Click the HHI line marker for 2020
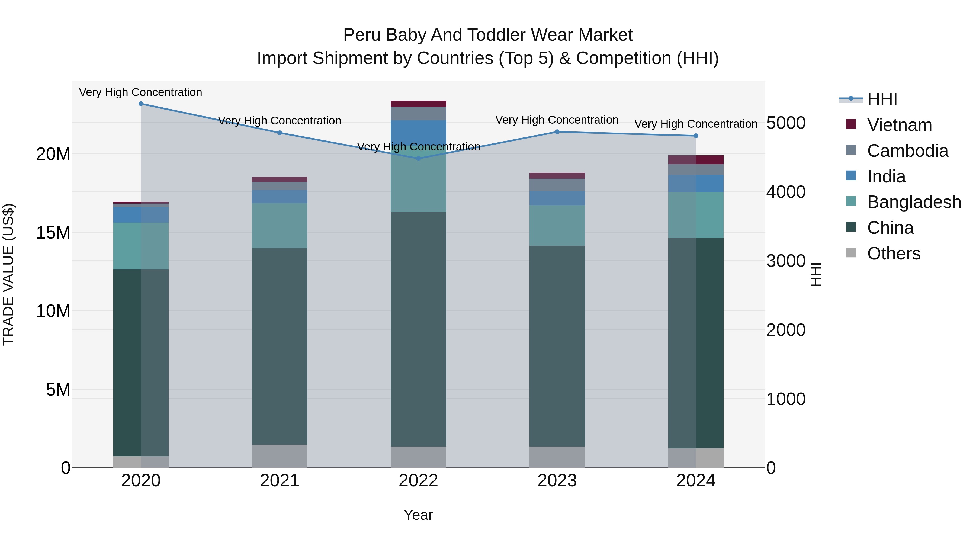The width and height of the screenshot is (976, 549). pyautogui.click(x=141, y=104)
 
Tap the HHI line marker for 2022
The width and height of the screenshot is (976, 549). pyautogui.click(x=418, y=158)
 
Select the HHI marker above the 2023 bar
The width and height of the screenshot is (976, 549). pyautogui.click(x=557, y=132)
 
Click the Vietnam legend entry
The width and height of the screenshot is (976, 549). pyautogui.click(x=899, y=125)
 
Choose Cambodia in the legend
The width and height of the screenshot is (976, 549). pyautogui.click(x=907, y=151)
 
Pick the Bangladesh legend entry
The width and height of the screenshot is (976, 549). pyautogui.click(x=913, y=202)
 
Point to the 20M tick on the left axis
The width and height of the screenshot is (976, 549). pyautogui.click(x=53, y=154)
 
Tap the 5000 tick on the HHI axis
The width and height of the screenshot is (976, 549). pyautogui.click(x=786, y=123)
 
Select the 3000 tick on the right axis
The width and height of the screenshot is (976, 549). pyautogui.click(x=786, y=261)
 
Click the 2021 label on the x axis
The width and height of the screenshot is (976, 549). pyautogui.click(x=280, y=481)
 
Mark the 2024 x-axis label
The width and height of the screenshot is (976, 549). pyautogui.click(x=696, y=481)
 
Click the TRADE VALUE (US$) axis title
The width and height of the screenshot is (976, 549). pyautogui.click(x=8, y=274)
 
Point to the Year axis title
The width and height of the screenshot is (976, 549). pyautogui.click(x=418, y=515)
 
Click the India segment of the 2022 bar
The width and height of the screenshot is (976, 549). pyautogui.click(x=418, y=133)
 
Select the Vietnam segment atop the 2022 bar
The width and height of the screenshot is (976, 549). pyautogui.click(x=418, y=104)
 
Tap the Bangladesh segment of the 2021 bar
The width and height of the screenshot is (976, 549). pyautogui.click(x=280, y=226)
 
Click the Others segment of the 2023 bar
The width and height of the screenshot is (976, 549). pyautogui.click(x=557, y=457)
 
